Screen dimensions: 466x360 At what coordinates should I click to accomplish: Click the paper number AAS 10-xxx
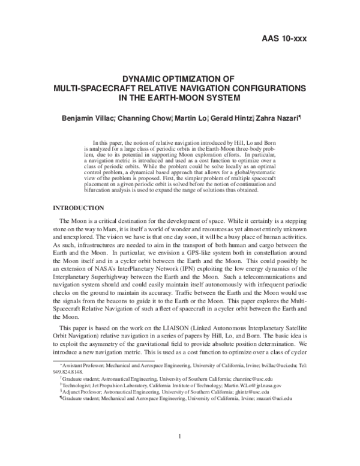point(284,39)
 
